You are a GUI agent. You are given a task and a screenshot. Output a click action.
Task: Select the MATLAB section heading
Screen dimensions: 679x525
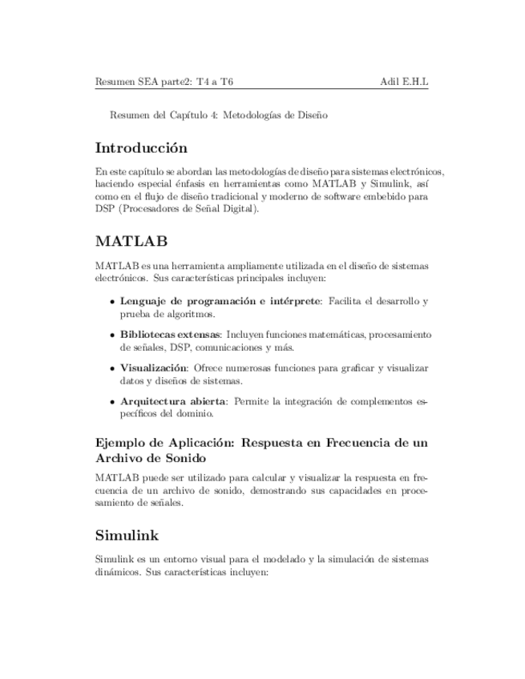(131, 241)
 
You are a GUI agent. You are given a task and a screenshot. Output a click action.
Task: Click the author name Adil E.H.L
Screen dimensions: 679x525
(404, 82)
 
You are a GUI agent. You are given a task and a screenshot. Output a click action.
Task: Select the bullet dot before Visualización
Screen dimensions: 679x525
(111, 368)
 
